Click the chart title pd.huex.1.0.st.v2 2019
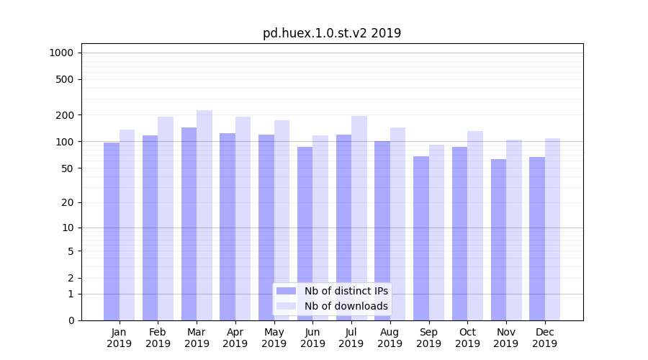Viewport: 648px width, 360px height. [332, 33]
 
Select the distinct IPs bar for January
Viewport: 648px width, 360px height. [112, 230]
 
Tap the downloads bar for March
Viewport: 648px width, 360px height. [204, 216]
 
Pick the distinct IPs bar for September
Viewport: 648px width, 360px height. [420, 238]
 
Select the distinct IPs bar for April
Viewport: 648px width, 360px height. [228, 227]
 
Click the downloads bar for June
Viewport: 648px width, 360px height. [320, 228]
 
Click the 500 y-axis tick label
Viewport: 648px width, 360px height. [65, 79]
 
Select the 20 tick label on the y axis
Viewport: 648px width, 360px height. [67, 202]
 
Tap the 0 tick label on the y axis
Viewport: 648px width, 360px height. [70, 320]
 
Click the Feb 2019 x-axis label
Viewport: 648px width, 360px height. [158, 338]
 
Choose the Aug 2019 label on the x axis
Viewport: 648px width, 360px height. [390, 338]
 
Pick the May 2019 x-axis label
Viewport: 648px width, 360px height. [274, 338]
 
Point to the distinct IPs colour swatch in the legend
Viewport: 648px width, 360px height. [287, 291]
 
